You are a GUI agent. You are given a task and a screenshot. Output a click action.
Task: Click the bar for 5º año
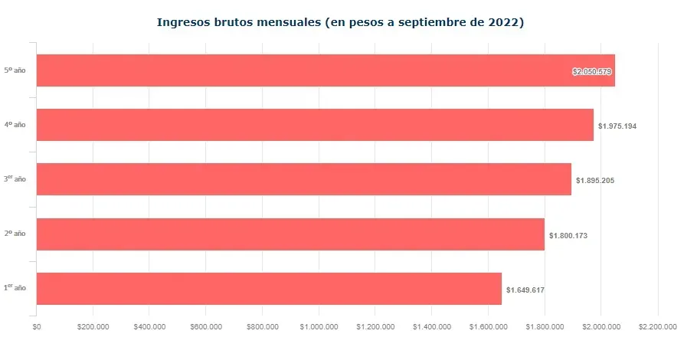pyautogui.click(x=326, y=70)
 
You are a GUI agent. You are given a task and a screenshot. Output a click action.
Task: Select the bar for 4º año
pyautogui.click(x=315, y=125)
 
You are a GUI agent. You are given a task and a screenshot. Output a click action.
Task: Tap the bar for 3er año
pyautogui.click(x=304, y=179)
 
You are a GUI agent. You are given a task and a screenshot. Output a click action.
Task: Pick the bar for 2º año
pyautogui.click(x=290, y=234)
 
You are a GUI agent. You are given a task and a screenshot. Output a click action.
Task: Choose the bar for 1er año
pyautogui.click(x=269, y=289)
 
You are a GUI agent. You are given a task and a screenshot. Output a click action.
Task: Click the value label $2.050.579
pyautogui.click(x=593, y=71)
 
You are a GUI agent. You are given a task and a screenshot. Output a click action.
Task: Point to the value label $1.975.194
pyautogui.click(x=617, y=126)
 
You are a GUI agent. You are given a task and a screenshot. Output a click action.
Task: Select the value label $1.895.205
pyautogui.click(x=595, y=181)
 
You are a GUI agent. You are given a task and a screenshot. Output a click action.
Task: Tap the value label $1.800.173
pyautogui.click(x=568, y=235)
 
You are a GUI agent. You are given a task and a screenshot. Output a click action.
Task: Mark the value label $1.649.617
pyautogui.click(x=525, y=290)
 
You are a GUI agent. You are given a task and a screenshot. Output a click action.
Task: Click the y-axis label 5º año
pyautogui.click(x=15, y=70)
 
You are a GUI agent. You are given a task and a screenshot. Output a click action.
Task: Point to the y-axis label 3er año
pyautogui.click(x=15, y=179)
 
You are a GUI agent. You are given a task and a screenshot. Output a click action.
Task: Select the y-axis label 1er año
pyautogui.click(x=15, y=289)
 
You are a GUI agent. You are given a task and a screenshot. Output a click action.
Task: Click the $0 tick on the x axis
pyautogui.click(x=37, y=327)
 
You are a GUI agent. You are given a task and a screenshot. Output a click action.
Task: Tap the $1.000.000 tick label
pyautogui.click(x=319, y=327)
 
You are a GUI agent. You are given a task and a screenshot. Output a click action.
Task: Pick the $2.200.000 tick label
pyautogui.click(x=657, y=327)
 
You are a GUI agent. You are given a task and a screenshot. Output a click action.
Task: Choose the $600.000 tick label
pyautogui.click(x=206, y=327)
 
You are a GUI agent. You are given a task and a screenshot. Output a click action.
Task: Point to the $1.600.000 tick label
pyautogui.click(x=488, y=327)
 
